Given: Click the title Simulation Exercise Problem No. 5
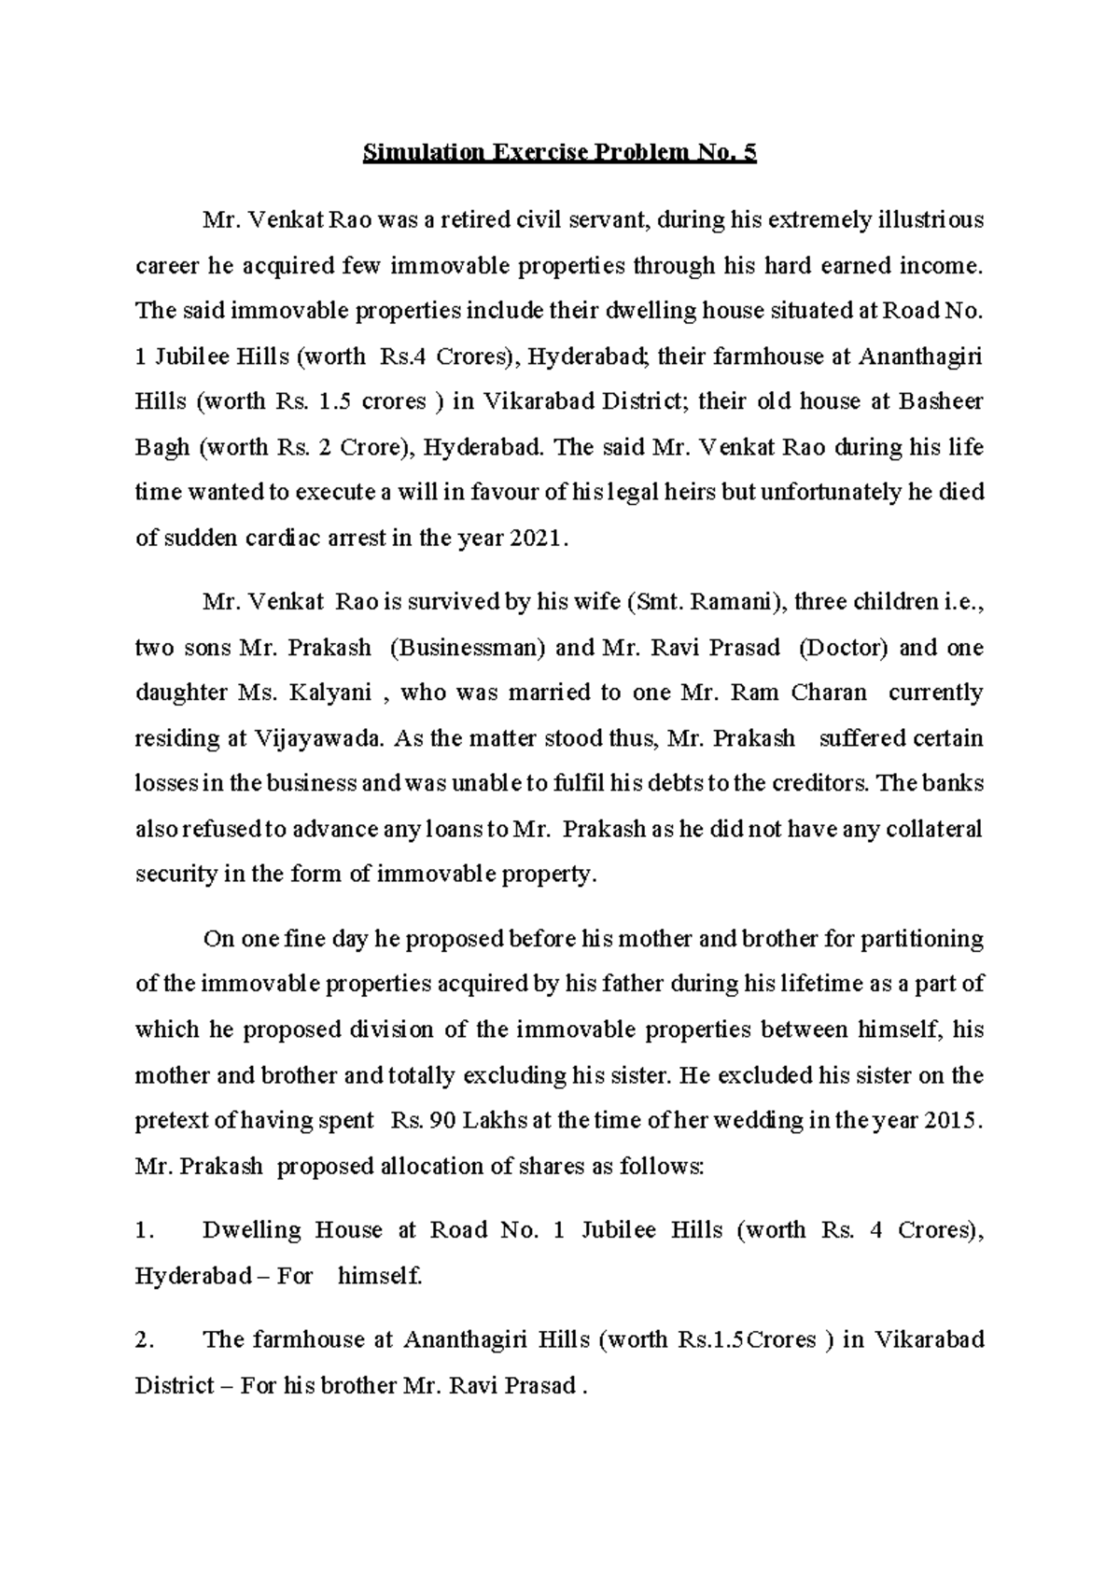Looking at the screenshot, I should point(559,153).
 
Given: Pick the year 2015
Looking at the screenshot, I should point(952,1121).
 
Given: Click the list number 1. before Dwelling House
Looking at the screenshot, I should point(143,1230).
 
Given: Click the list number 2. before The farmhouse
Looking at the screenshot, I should point(143,1340).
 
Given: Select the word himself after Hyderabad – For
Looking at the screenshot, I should point(378,1276).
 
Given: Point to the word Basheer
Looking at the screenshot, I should point(941,402).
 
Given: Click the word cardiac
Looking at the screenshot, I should point(277,539).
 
